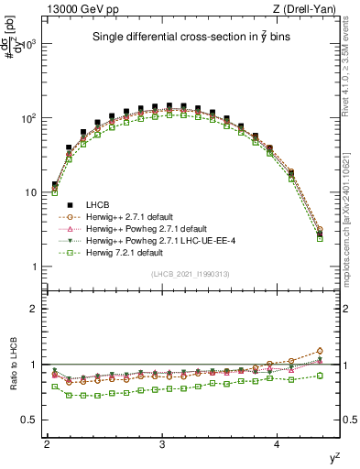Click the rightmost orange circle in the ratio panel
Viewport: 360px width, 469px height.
tap(320, 351)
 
